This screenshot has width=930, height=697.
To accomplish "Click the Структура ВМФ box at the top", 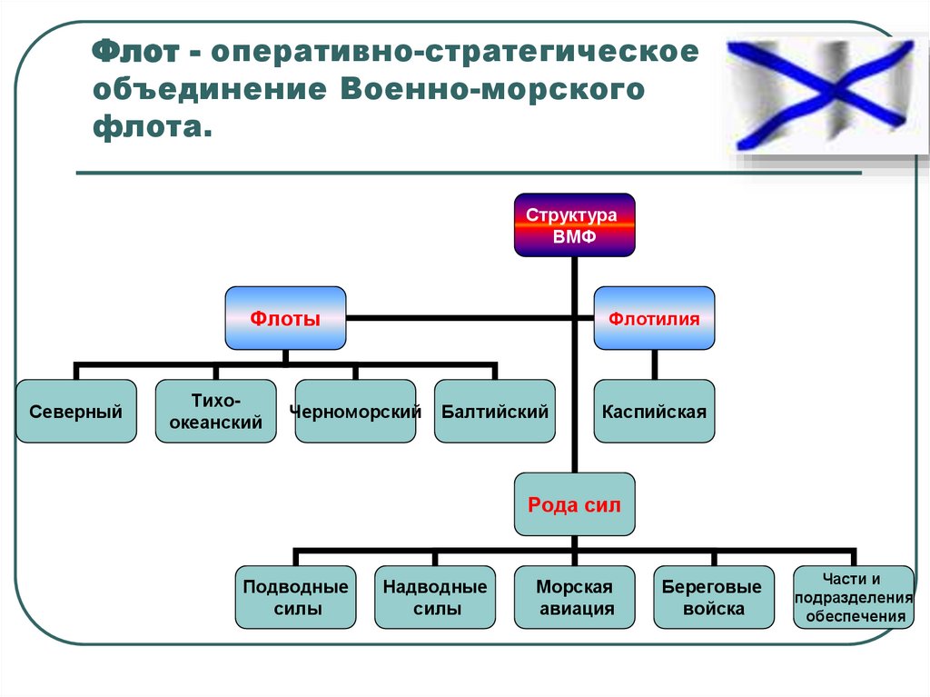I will (575, 224).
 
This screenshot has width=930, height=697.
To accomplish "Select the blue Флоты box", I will (285, 318).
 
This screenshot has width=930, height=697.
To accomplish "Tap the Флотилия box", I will (654, 318).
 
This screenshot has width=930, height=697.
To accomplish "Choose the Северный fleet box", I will (76, 412).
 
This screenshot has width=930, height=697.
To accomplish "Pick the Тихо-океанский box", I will (215, 412).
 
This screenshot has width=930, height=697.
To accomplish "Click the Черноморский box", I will (355, 412).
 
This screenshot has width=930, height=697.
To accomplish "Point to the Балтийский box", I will (495, 412).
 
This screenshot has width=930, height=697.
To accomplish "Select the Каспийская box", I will (654, 412).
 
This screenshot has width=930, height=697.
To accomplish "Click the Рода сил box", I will (575, 504).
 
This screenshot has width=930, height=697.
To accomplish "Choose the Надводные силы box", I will (435, 598).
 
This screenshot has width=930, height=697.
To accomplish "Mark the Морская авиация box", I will (575, 598).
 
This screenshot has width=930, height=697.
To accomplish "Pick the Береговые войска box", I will (714, 598).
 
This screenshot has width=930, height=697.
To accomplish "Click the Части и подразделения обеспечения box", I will (853, 598).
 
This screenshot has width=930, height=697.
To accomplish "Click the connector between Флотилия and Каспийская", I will (654, 365).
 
